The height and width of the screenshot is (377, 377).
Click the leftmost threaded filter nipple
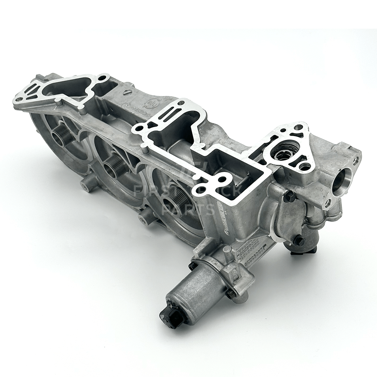(x=63, y=134)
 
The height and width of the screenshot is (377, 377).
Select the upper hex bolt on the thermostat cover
(x=290, y=196)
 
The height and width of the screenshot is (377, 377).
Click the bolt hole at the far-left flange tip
(x=18, y=100)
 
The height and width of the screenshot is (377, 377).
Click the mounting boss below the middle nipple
(x=144, y=219)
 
